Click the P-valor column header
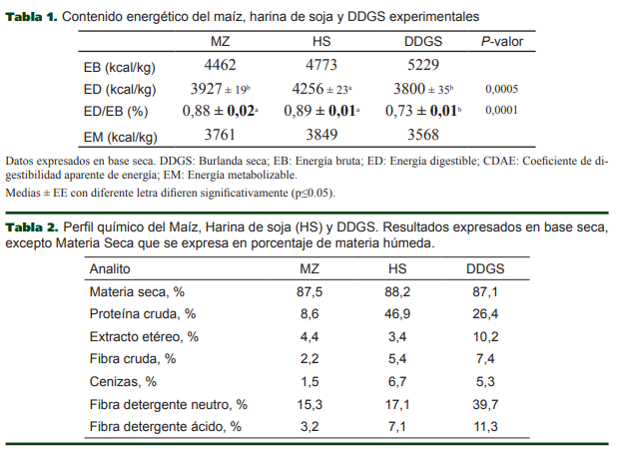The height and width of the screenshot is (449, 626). coord(503,41)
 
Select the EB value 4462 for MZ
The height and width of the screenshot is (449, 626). coord(221,65)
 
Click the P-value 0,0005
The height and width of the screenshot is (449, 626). coord(502,89)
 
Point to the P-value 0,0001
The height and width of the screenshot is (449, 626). coord(502,111)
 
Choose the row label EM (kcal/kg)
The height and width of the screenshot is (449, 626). coord(120,137)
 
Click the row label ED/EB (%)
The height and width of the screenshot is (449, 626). coord(116,112)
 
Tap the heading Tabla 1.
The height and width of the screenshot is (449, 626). coord(31,17)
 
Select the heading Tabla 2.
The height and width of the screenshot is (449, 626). coord(31,227)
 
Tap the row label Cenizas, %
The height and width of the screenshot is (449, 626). coord(123,381)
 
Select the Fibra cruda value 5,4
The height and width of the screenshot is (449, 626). coord(397,358)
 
